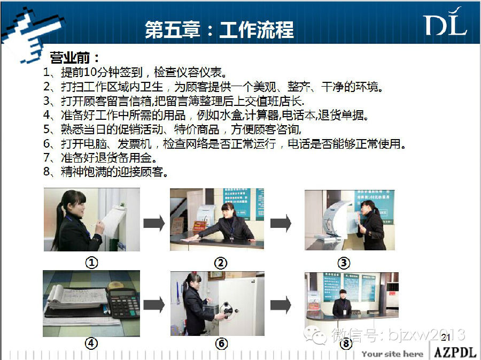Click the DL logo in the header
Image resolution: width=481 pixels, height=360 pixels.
(x=445, y=22)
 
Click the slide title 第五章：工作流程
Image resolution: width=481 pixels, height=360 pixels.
(x=219, y=30)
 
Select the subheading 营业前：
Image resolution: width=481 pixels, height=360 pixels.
(x=74, y=58)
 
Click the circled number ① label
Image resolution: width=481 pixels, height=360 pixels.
(x=91, y=263)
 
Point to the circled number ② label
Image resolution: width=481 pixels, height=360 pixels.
(x=221, y=263)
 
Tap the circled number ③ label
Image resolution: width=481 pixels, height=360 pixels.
(x=344, y=263)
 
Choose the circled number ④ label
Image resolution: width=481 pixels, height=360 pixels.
(x=91, y=343)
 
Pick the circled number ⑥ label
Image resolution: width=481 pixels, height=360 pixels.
(x=221, y=343)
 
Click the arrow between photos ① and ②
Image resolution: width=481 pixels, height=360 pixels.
(x=154, y=223)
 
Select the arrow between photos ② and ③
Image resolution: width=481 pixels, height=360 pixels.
(x=281, y=223)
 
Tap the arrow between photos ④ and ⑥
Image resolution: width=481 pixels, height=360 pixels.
(x=154, y=304)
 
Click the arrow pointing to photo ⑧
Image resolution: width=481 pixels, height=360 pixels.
(x=281, y=305)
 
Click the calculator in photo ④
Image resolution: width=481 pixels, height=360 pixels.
(x=123, y=303)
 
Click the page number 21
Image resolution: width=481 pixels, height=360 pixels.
(x=446, y=338)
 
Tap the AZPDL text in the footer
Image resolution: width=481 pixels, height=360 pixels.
(x=455, y=352)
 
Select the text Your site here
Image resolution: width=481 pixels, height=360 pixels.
(x=392, y=354)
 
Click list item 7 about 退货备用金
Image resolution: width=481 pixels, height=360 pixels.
(x=100, y=157)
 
